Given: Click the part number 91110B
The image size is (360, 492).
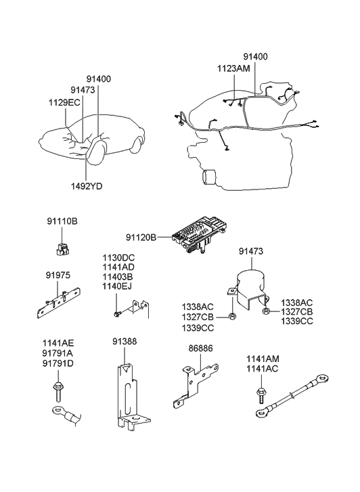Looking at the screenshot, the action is [62, 221].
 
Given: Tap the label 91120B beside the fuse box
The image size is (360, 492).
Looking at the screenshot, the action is [141, 238].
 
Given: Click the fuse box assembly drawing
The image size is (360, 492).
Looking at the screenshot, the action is [199, 236].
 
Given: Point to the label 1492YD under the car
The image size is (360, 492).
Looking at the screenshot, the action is [87, 186].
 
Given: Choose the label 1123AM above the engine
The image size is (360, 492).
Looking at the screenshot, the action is [234, 68].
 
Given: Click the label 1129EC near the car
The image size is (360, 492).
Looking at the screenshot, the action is [64, 102].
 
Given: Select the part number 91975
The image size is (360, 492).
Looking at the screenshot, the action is [58, 275].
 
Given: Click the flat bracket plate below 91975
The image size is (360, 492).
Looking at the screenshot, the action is [58, 304].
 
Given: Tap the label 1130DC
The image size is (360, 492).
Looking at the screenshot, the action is [118, 258].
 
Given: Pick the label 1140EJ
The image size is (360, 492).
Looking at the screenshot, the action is [117, 286].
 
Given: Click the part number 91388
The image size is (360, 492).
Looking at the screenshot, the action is [125, 341].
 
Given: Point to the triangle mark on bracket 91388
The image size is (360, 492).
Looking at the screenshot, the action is [127, 369].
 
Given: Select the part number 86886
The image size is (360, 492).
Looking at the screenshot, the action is [200, 349].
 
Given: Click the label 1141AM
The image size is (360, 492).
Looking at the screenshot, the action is [263, 359].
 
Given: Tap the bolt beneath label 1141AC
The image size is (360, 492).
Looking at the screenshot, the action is [261, 395].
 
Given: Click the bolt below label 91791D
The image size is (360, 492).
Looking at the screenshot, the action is [58, 391].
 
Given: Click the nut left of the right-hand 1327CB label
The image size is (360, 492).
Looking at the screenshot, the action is [265, 311].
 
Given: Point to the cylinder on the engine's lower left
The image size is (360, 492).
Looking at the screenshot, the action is [208, 177].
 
